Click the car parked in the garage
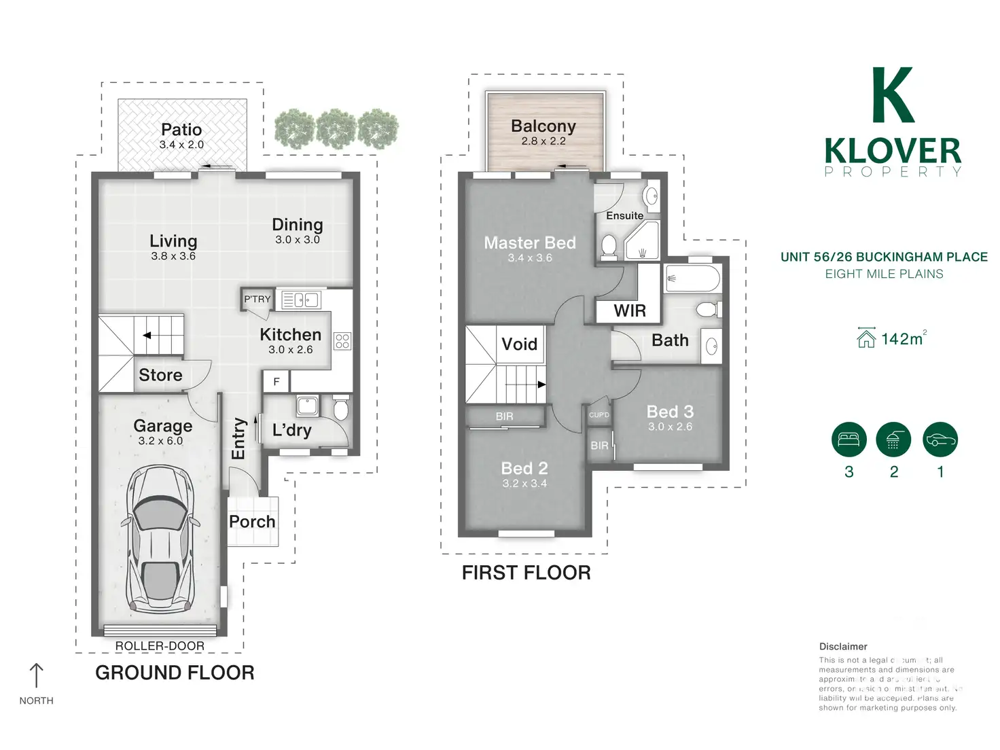pos(160,539)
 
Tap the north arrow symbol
pos(36,675)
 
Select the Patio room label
pos(181,130)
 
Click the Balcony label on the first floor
pos(543,126)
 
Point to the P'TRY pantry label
pos(257,299)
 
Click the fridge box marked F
pos(276,382)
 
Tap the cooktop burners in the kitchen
pos(342,341)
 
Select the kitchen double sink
pos(301,300)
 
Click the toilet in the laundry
pos(341,410)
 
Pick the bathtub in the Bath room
pos(693,279)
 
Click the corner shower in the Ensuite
pos(642,241)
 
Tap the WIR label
pos(630,311)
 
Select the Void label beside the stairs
pos(520,344)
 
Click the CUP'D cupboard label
pos(599,415)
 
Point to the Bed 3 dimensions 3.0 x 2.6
pos(671,427)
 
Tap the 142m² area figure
pos(902,339)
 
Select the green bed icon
pos(849,439)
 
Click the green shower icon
pos(893,439)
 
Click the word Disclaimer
pos(843,647)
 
